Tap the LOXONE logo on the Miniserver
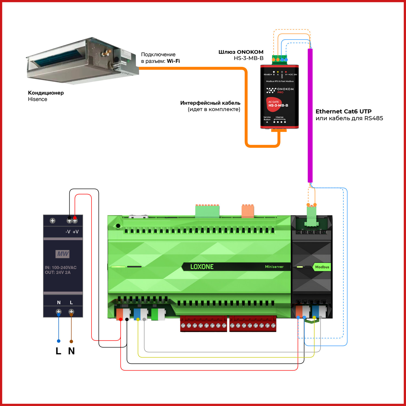[x=202, y=267]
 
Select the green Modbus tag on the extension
[x=322, y=267]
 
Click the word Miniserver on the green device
[x=274, y=267]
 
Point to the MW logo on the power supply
[x=63, y=254]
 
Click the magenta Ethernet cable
[x=310, y=116]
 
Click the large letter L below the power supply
[x=58, y=351]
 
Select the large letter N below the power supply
[x=71, y=351]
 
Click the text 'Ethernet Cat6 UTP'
[x=343, y=111]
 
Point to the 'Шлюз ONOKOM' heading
[x=241, y=52]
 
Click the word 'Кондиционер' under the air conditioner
[x=46, y=93]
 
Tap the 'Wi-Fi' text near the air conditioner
[x=173, y=61]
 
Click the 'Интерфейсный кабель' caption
[x=210, y=103]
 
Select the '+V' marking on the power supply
[x=76, y=232]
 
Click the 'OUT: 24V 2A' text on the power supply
[x=58, y=272]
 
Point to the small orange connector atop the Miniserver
[x=248, y=211]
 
